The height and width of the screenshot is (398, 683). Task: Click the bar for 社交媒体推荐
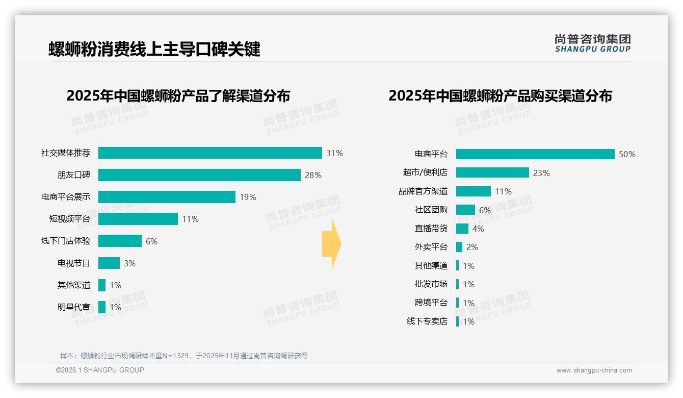[x=210, y=153]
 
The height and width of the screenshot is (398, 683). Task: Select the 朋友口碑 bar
[x=199, y=175]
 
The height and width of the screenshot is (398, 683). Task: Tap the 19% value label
[x=248, y=197]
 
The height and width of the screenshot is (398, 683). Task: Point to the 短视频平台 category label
[x=69, y=219]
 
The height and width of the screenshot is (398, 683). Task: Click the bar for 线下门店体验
[x=120, y=241]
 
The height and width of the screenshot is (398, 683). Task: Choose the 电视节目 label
[x=73, y=263]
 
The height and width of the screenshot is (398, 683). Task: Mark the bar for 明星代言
[x=102, y=307]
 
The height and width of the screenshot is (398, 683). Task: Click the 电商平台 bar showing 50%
[x=535, y=154]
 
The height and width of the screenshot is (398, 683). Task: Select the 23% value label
[x=541, y=173]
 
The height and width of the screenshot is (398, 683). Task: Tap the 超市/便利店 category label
[x=425, y=172]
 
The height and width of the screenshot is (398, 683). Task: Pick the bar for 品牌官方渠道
[x=474, y=191]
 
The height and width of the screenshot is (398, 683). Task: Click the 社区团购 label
[x=431, y=210]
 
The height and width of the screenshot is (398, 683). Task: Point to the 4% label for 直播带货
[x=478, y=229]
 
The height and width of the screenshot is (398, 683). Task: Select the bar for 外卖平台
[x=459, y=247]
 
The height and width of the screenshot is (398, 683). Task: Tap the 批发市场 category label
[x=431, y=284]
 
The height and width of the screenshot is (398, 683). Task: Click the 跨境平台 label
[x=431, y=303]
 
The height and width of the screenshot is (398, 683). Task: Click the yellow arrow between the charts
[x=332, y=244]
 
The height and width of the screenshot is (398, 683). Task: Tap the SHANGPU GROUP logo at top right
[x=592, y=43]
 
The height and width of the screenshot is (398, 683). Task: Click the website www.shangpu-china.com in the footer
[x=594, y=370]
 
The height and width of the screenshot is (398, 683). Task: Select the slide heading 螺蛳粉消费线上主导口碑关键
[x=154, y=49]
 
